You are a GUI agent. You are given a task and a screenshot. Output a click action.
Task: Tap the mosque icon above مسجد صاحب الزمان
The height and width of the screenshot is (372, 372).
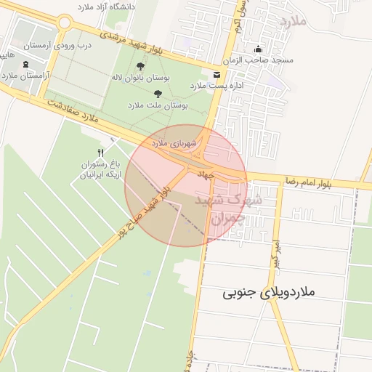click(x=258, y=49)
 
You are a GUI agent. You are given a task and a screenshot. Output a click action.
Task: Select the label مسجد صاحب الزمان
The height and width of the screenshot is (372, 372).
click(x=259, y=60)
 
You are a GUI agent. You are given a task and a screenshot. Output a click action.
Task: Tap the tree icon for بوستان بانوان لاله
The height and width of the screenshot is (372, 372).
click(x=140, y=66)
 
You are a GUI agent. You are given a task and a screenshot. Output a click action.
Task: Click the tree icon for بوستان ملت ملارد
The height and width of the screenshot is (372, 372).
click(x=158, y=94)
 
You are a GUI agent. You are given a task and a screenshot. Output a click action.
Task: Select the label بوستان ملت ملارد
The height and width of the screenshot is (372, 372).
click(x=158, y=105)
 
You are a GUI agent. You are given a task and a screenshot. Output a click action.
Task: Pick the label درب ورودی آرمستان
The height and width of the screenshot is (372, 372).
click(x=57, y=45)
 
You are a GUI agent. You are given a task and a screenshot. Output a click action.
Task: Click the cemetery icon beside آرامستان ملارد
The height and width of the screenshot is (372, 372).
click(x=27, y=65)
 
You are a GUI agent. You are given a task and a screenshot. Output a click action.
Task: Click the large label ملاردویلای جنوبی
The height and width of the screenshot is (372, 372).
click(x=269, y=293)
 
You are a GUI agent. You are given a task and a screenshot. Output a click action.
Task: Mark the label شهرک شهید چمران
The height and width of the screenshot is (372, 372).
click(x=232, y=208)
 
